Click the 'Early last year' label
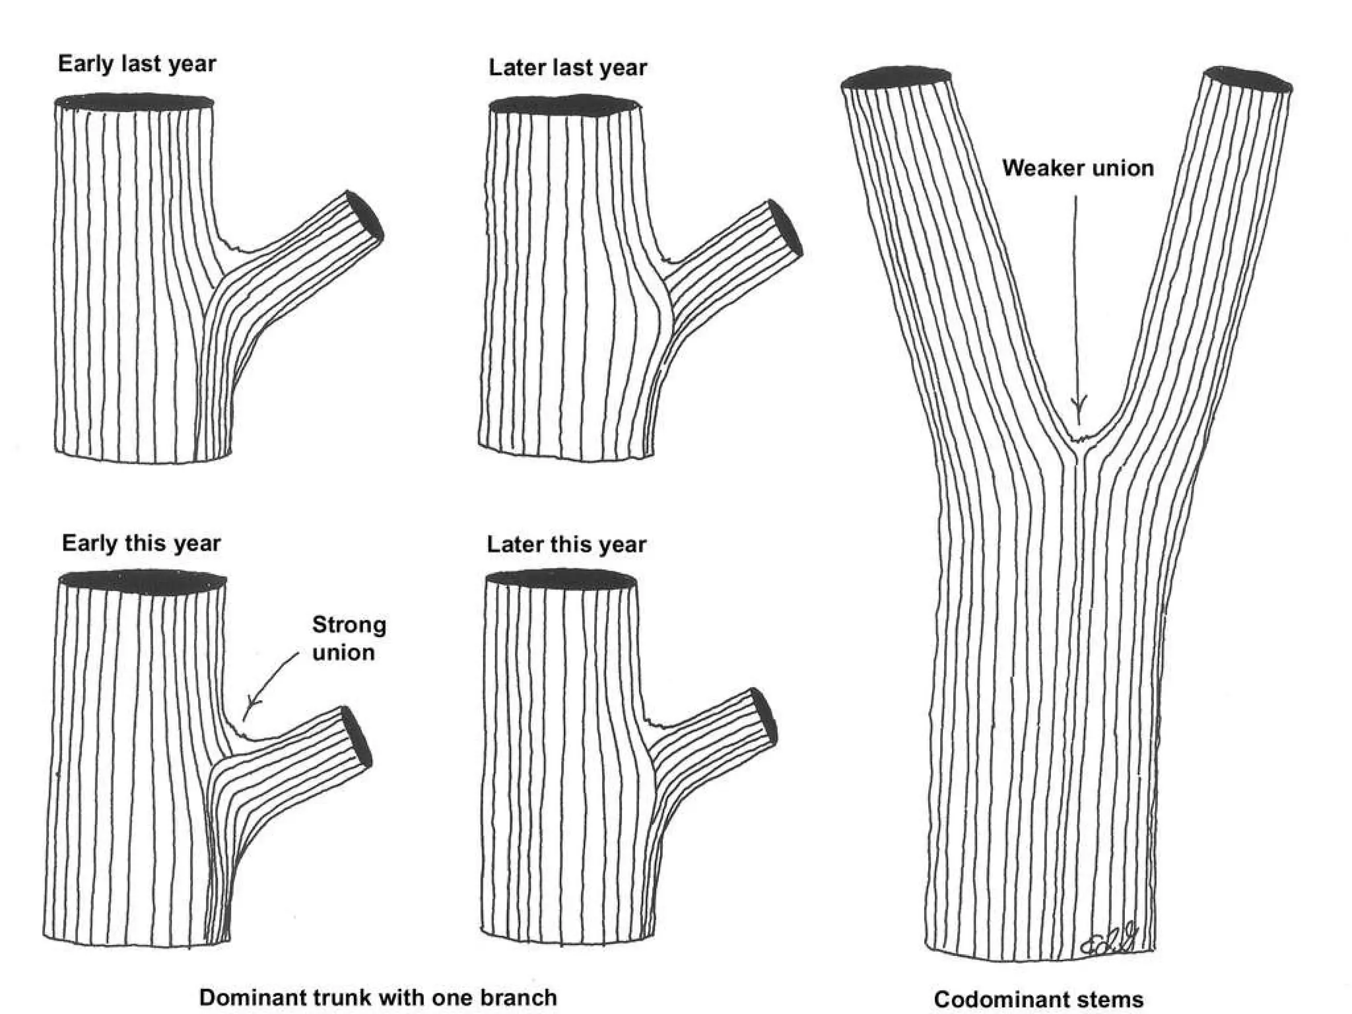click(x=137, y=64)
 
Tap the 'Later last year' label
click(x=568, y=67)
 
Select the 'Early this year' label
click(x=141, y=543)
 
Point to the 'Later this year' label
click(x=566, y=545)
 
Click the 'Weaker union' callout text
click(x=1078, y=168)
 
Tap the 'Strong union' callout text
click(x=348, y=638)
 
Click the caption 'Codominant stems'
click(x=1038, y=999)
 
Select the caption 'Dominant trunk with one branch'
click(x=378, y=997)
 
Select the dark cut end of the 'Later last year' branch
click(x=785, y=228)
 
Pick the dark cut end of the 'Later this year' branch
click(x=764, y=716)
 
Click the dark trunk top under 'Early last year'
click(x=134, y=102)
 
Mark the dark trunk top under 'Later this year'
click(x=561, y=580)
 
